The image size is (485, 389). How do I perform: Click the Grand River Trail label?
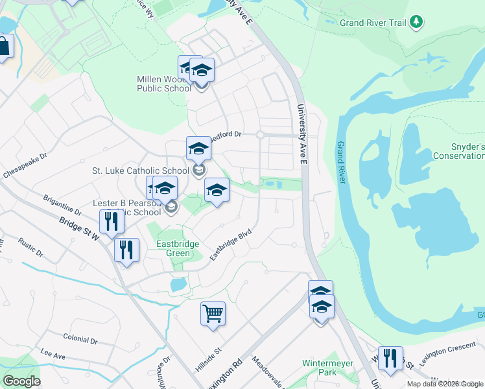(x=373, y=23)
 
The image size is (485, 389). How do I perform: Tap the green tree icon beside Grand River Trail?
(x=416, y=22)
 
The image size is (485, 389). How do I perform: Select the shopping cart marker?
(x=213, y=314)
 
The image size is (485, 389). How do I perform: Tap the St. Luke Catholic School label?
(x=140, y=171)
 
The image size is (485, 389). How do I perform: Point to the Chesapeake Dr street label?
(x=25, y=166)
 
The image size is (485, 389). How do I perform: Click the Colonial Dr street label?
(x=80, y=339)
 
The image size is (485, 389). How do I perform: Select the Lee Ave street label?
(x=53, y=356)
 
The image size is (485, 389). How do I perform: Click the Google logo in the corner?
(x=21, y=381)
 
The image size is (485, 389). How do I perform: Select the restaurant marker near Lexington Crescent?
(x=390, y=358)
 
